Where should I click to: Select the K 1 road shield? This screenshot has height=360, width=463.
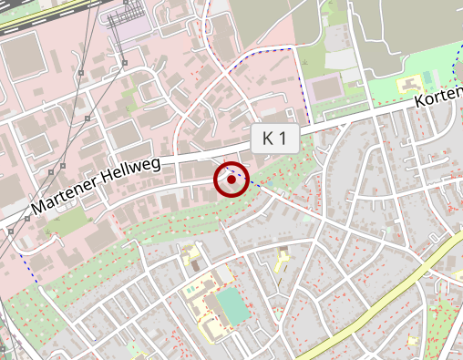275,139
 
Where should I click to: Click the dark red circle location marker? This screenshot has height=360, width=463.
231,180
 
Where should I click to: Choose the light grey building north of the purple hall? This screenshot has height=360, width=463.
343,58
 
